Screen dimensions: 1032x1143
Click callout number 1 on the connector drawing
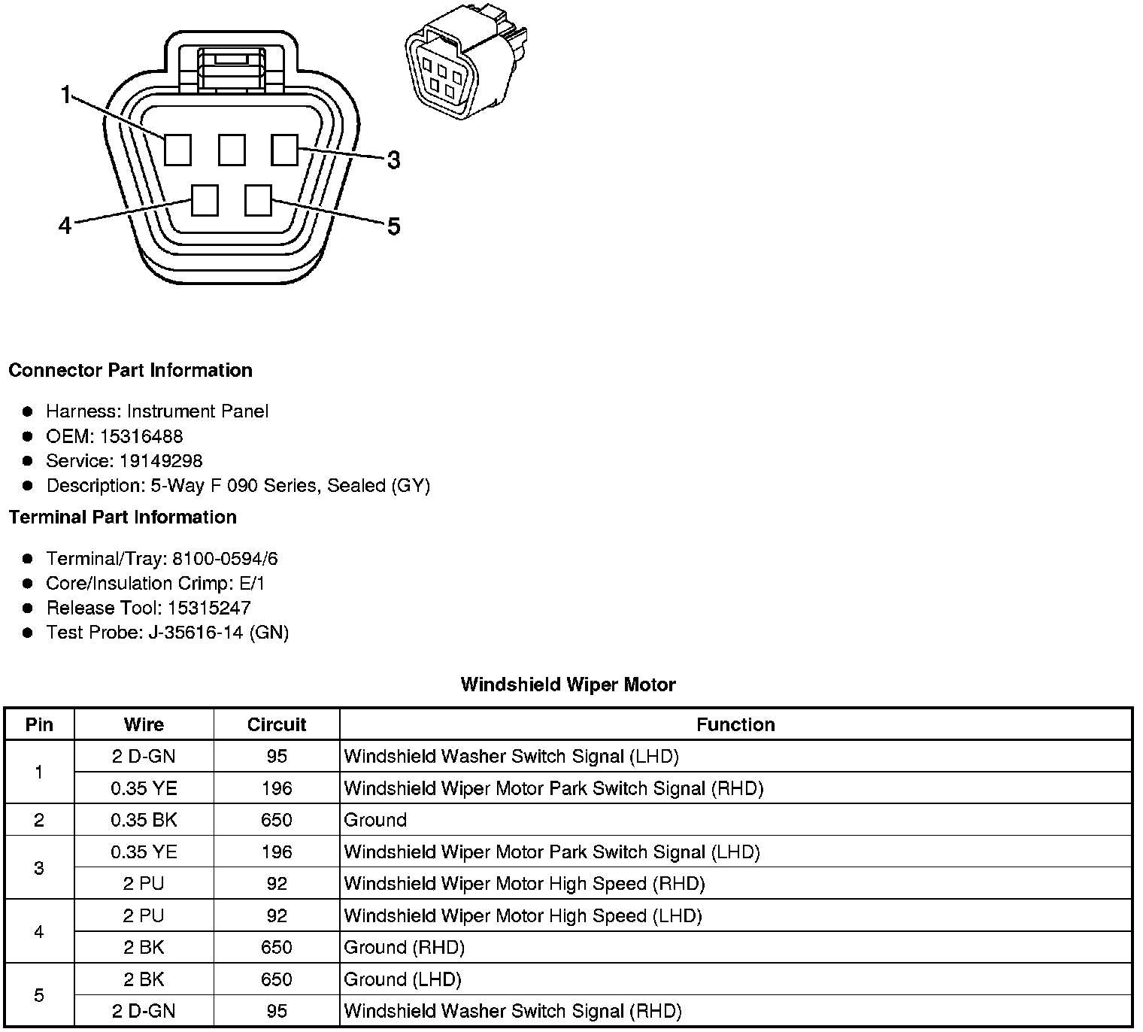[65, 95]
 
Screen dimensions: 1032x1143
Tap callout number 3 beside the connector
[393, 160]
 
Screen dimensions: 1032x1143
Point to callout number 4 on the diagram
[65, 225]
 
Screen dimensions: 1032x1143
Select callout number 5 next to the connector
[393, 226]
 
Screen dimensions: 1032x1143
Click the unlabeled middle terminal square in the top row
[232, 150]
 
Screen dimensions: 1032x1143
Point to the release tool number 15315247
[209, 608]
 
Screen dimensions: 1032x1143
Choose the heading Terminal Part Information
[123, 518]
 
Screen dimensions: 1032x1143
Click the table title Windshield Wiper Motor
[568, 684]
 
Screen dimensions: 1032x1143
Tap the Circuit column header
[276, 724]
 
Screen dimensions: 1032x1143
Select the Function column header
[735, 724]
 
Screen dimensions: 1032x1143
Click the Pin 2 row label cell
[39, 820]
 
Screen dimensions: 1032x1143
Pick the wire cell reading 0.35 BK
[144, 820]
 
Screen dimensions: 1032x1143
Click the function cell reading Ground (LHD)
[402, 979]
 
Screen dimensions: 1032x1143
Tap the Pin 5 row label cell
[39, 995]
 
